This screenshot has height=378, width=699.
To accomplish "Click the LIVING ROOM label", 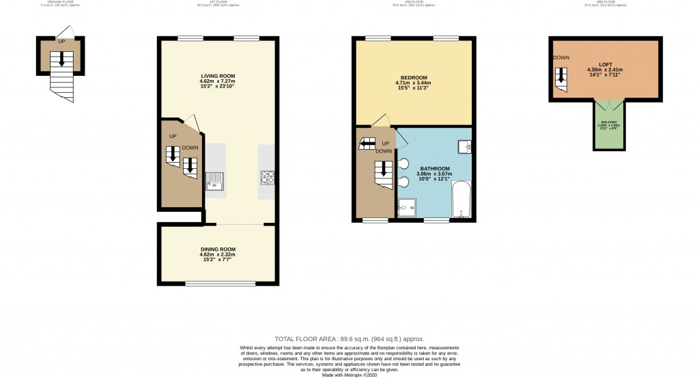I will point(218,76).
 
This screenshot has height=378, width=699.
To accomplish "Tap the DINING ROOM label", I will point(218,249).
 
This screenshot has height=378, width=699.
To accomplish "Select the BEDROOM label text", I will point(414,77).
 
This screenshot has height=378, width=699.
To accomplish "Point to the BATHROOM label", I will point(434,168).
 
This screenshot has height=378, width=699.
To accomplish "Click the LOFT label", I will point(605,64).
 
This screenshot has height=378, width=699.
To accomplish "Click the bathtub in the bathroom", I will point(461,199).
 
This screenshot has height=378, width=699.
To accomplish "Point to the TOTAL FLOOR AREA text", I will point(349,339).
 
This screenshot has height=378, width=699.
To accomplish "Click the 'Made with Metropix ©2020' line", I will point(349,375).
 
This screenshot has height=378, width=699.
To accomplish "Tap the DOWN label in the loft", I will point(561,57).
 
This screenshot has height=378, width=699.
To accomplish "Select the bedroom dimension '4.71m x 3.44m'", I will point(414,83).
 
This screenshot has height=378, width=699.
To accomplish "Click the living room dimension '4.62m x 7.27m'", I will point(218,81).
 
